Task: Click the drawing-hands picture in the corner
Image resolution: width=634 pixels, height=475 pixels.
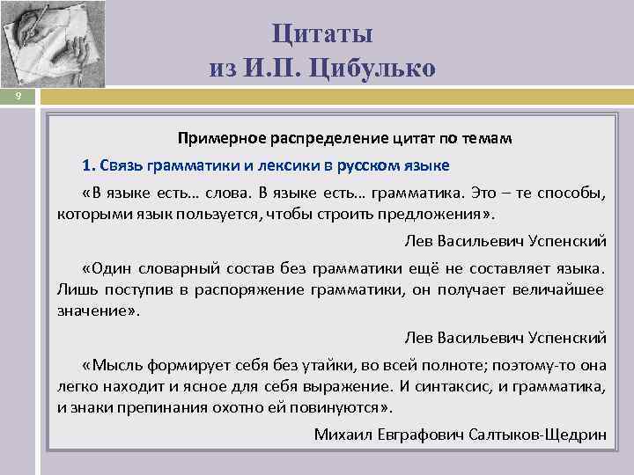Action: point(52,44)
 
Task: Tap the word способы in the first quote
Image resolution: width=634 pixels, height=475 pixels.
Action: point(572,193)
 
